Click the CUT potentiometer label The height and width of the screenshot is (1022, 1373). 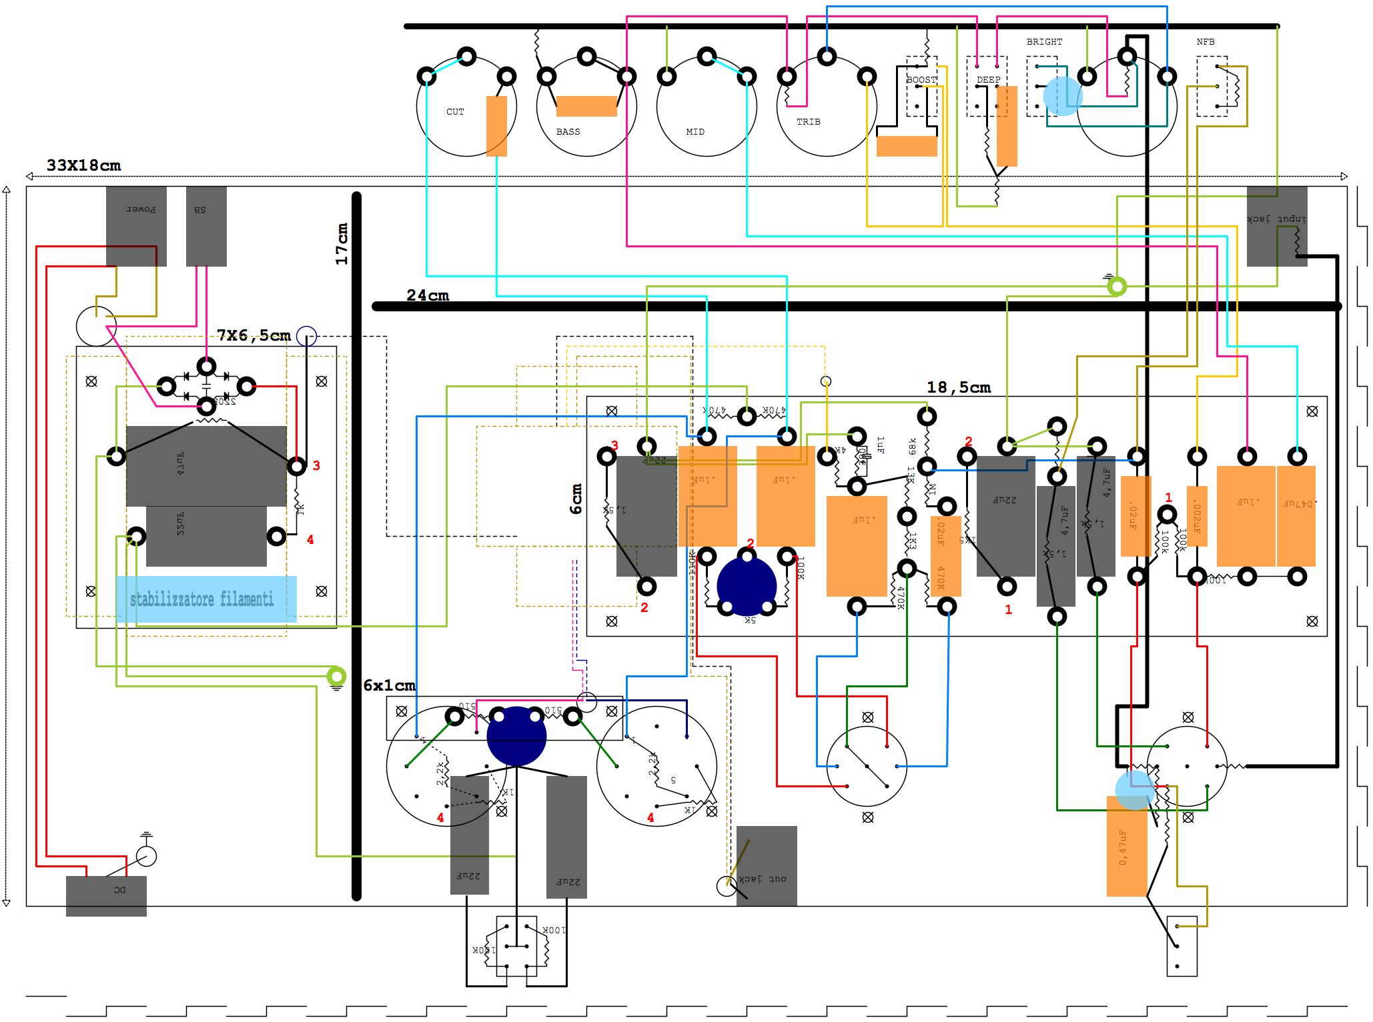[455, 112]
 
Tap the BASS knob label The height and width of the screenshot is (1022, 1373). [568, 132]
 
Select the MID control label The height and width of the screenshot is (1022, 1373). [695, 132]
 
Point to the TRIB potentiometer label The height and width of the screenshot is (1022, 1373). [808, 122]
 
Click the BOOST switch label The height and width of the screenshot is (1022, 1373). [921, 80]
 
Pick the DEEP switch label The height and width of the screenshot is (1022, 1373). [988, 80]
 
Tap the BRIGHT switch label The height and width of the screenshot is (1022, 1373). [1044, 42]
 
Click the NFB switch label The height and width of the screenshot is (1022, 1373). [1206, 42]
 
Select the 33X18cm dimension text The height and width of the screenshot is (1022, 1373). [83, 165]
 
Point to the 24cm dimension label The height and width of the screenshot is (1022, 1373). [428, 295]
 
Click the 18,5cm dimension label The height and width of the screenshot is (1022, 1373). [959, 387]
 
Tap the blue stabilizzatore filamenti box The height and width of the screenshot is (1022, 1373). [205, 599]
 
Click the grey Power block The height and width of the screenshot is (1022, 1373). [136, 227]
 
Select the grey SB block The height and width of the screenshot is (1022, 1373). [206, 227]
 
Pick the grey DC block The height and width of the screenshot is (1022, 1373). [106, 896]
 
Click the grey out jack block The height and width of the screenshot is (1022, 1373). [767, 865]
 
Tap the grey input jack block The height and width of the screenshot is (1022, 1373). [1276, 227]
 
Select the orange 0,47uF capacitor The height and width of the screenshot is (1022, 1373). [1126, 847]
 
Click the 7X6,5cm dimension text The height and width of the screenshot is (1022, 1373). [254, 335]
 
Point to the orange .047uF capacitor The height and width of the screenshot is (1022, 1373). [1296, 516]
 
